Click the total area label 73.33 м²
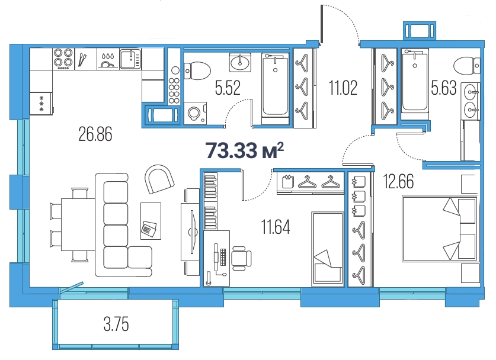(245, 150)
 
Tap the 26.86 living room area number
(95, 134)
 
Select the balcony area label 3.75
(116, 324)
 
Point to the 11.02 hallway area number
(343, 88)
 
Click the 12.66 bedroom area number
(399, 181)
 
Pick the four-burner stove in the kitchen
(63, 59)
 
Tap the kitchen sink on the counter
(130, 59)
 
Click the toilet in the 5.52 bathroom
(197, 71)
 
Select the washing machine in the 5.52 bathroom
(195, 113)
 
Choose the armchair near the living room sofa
(159, 179)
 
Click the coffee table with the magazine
(151, 221)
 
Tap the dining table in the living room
(78, 224)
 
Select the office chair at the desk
(241, 258)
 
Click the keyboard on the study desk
(223, 257)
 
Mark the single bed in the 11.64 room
(328, 249)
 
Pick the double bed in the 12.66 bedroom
(439, 229)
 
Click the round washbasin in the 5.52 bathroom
(240, 63)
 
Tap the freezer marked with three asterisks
(41, 104)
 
